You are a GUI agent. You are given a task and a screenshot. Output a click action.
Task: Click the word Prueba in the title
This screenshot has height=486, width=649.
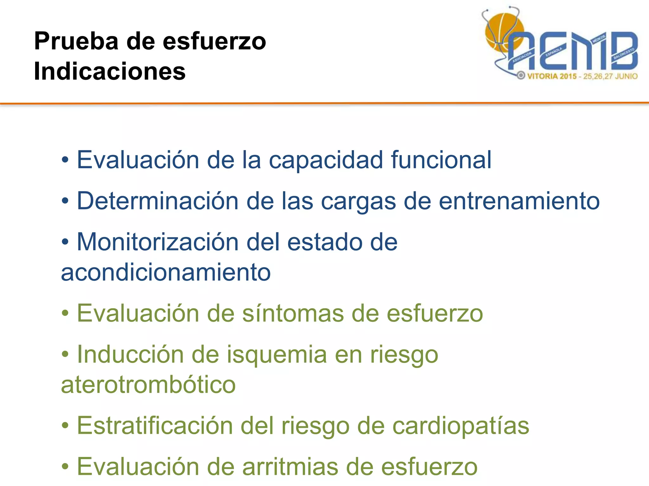pyautogui.click(x=76, y=41)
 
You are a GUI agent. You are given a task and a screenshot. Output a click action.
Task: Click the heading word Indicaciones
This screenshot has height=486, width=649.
pyautogui.click(x=110, y=71)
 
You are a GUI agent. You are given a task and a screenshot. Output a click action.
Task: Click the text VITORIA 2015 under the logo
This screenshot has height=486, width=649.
pyautogui.click(x=552, y=76)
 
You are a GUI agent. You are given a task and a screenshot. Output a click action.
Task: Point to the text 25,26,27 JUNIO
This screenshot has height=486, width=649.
pyautogui.click(x=610, y=76)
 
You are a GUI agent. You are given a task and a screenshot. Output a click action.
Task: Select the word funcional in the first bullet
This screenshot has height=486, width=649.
pyautogui.click(x=441, y=160)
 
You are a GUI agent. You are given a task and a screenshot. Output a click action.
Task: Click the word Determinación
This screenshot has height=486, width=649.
pyautogui.click(x=157, y=201)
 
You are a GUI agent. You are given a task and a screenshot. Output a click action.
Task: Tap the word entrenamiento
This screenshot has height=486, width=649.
pyautogui.click(x=519, y=201)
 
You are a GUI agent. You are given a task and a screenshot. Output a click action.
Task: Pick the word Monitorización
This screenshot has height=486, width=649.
pyautogui.click(x=157, y=242)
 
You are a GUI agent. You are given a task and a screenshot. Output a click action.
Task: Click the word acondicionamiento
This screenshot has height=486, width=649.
pyautogui.click(x=166, y=272)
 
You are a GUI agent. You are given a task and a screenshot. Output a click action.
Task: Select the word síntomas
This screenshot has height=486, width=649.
pyautogui.click(x=293, y=313)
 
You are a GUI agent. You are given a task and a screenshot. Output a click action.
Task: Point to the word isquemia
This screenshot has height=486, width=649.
pyautogui.click(x=277, y=354)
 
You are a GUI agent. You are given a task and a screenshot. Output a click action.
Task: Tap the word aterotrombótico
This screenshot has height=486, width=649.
pyautogui.click(x=148, y=385)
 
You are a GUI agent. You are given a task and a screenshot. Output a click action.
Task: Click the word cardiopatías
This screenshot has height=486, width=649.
pyautogui.click(x=461, y=426)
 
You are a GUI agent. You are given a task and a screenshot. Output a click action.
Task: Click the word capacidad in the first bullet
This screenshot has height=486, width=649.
pyautogui.click(x=326, y=160)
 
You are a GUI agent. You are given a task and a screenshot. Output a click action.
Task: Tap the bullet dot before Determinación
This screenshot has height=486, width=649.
pyautogui.click(x=65, y=201)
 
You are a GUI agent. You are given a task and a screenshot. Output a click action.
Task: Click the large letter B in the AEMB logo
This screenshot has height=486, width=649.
pyautogui.click(x=624, y=51)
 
